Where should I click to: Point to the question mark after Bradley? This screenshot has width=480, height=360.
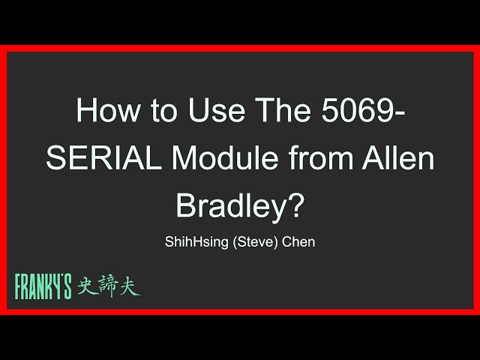tap(298, 204)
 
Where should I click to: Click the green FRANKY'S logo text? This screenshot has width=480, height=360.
tap(43, 286)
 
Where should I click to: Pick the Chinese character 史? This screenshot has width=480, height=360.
tap(85, 286)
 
